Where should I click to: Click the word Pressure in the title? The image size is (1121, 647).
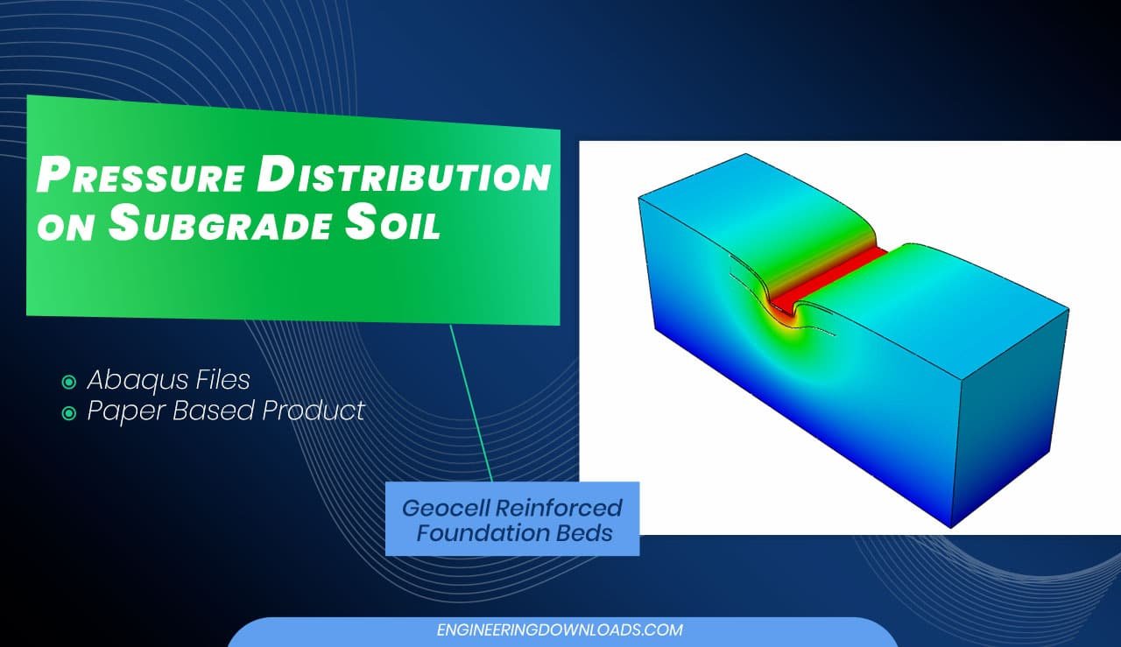click(141, 174)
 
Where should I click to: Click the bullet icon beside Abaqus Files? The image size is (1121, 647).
click(68, 383)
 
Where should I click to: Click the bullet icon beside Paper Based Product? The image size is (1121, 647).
click(68, 413)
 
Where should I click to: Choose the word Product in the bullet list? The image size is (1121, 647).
click(314, 411)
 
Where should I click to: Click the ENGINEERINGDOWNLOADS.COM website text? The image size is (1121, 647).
click(560, 630)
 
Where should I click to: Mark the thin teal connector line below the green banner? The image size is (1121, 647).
click(471, 404)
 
